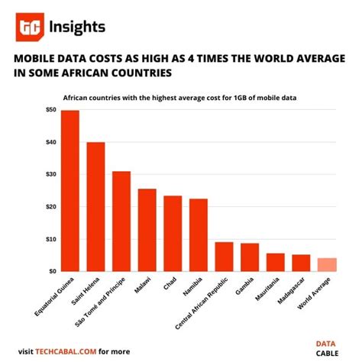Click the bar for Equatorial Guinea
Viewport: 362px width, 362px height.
[x=70, y=191]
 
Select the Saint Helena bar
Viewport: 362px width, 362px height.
[x=95, y=206]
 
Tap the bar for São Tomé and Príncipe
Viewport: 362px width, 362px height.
[x=121, y=221]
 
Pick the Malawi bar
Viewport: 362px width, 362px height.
[x=147, y=230]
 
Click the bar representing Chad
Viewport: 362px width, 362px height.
[x=173, y=233]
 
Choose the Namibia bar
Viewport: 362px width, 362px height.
[x=198, y=234]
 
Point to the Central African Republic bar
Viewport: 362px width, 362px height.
[x=224, y=257]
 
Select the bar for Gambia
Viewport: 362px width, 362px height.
[x=249, y=257]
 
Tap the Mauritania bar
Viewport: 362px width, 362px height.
[x=275, y=262]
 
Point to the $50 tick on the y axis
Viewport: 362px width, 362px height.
[x=50, y=110]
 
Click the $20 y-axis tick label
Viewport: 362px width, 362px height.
[x=50, y=206]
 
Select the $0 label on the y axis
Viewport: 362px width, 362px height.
[x=52, y=271]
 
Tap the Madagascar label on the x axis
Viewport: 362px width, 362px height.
[x=293, y=295]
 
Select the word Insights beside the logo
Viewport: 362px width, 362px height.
[x=77, y=27]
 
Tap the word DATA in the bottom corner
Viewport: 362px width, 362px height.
[x=328, y=344]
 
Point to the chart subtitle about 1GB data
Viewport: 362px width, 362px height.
[x=180, y=96]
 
